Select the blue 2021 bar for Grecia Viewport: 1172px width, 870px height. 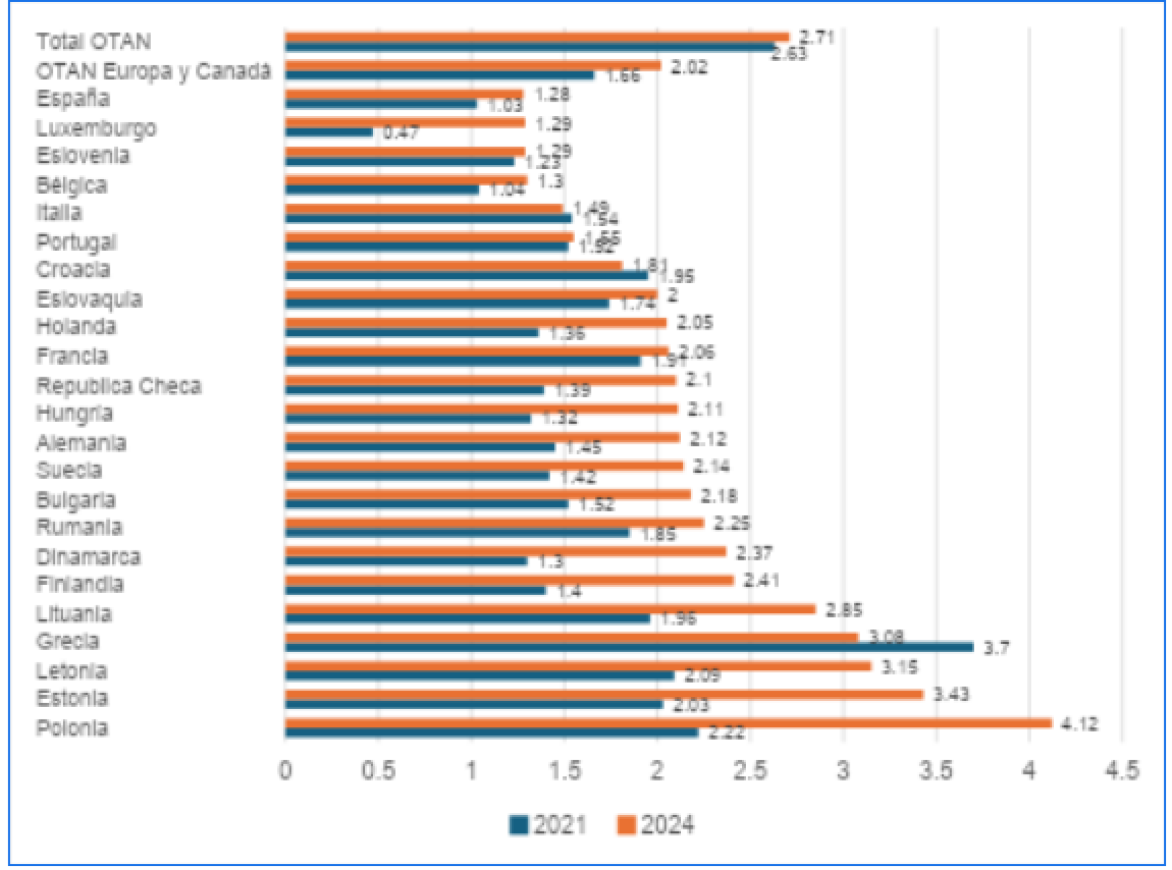click(629, 647)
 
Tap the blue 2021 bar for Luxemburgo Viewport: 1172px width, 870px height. click(329, 133)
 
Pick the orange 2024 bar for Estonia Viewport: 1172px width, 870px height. click(604, 695)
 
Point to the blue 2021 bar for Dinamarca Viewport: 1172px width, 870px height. click(406, 561)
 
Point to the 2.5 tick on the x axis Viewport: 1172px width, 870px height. click(750, 770)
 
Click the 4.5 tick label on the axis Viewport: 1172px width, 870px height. click(1121, 770)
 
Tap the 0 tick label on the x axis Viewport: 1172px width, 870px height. click(285, 770)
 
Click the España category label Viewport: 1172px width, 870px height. click(73, 98)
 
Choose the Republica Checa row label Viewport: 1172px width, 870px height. click(119, 386)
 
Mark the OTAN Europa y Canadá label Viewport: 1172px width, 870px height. click(153, 71)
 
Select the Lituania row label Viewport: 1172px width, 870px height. click(74, 613)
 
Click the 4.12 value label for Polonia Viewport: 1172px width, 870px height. click(1079, 724)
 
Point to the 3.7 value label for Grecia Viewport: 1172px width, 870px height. click(996, 648)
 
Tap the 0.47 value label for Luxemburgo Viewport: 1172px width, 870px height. click(401, 132)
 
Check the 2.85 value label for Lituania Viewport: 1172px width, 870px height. click(844, 610)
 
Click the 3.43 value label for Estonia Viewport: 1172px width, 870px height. click(951, 695)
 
